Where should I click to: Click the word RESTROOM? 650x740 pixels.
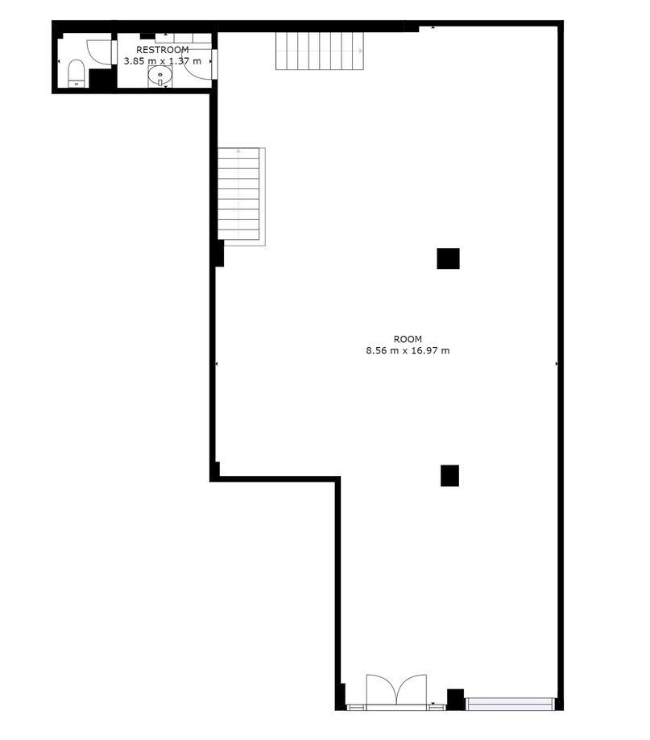pyautogui.click(x=163, y=50)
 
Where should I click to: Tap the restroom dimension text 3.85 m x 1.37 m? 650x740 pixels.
pyautogui.click(x=163, y=61)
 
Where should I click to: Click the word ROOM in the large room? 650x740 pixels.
pyautogui.click(x=408, y=339)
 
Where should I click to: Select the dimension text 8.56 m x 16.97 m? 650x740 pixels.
pyautogui.click(x=408, y=350)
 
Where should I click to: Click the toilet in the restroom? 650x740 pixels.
pyautogui.click(x=77, y=73)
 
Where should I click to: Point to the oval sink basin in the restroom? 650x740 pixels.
pyautogui.click(x=160, y=75)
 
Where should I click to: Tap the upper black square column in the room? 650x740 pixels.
pyautogui.click(x=448, y=258)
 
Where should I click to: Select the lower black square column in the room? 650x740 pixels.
pyautogui.click(x=450, y=476)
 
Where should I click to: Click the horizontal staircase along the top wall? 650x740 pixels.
pyautogui.click(x=320, y=51)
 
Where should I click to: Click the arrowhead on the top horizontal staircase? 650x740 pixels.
pyautogui.click(x=361, y=51)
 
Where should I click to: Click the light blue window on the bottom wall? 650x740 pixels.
pyautogui.click(x=509, y=704)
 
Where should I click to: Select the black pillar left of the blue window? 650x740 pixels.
pyautogui.click(x=456, y=700)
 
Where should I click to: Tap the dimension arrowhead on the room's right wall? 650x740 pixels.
pyautogui.click(x=557, y=364)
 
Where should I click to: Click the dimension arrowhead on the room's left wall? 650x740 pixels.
pyautogui.click(x=216, y=364)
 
